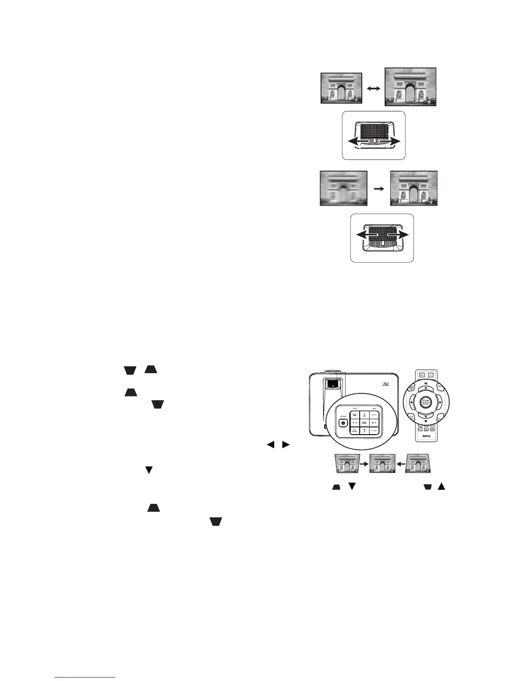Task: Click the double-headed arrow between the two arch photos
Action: (374, 88)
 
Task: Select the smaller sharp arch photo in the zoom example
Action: (342, 88)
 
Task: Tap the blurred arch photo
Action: (344, 188)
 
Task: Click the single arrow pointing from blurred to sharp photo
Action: (379, 188)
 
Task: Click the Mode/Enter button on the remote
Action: (425, 402)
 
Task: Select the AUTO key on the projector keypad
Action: (374, 414)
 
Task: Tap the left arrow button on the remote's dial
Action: (411, 402)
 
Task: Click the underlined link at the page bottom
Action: (86, 678)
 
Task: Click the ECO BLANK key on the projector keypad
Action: (355, 430)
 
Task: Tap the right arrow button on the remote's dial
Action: (440, 402)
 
